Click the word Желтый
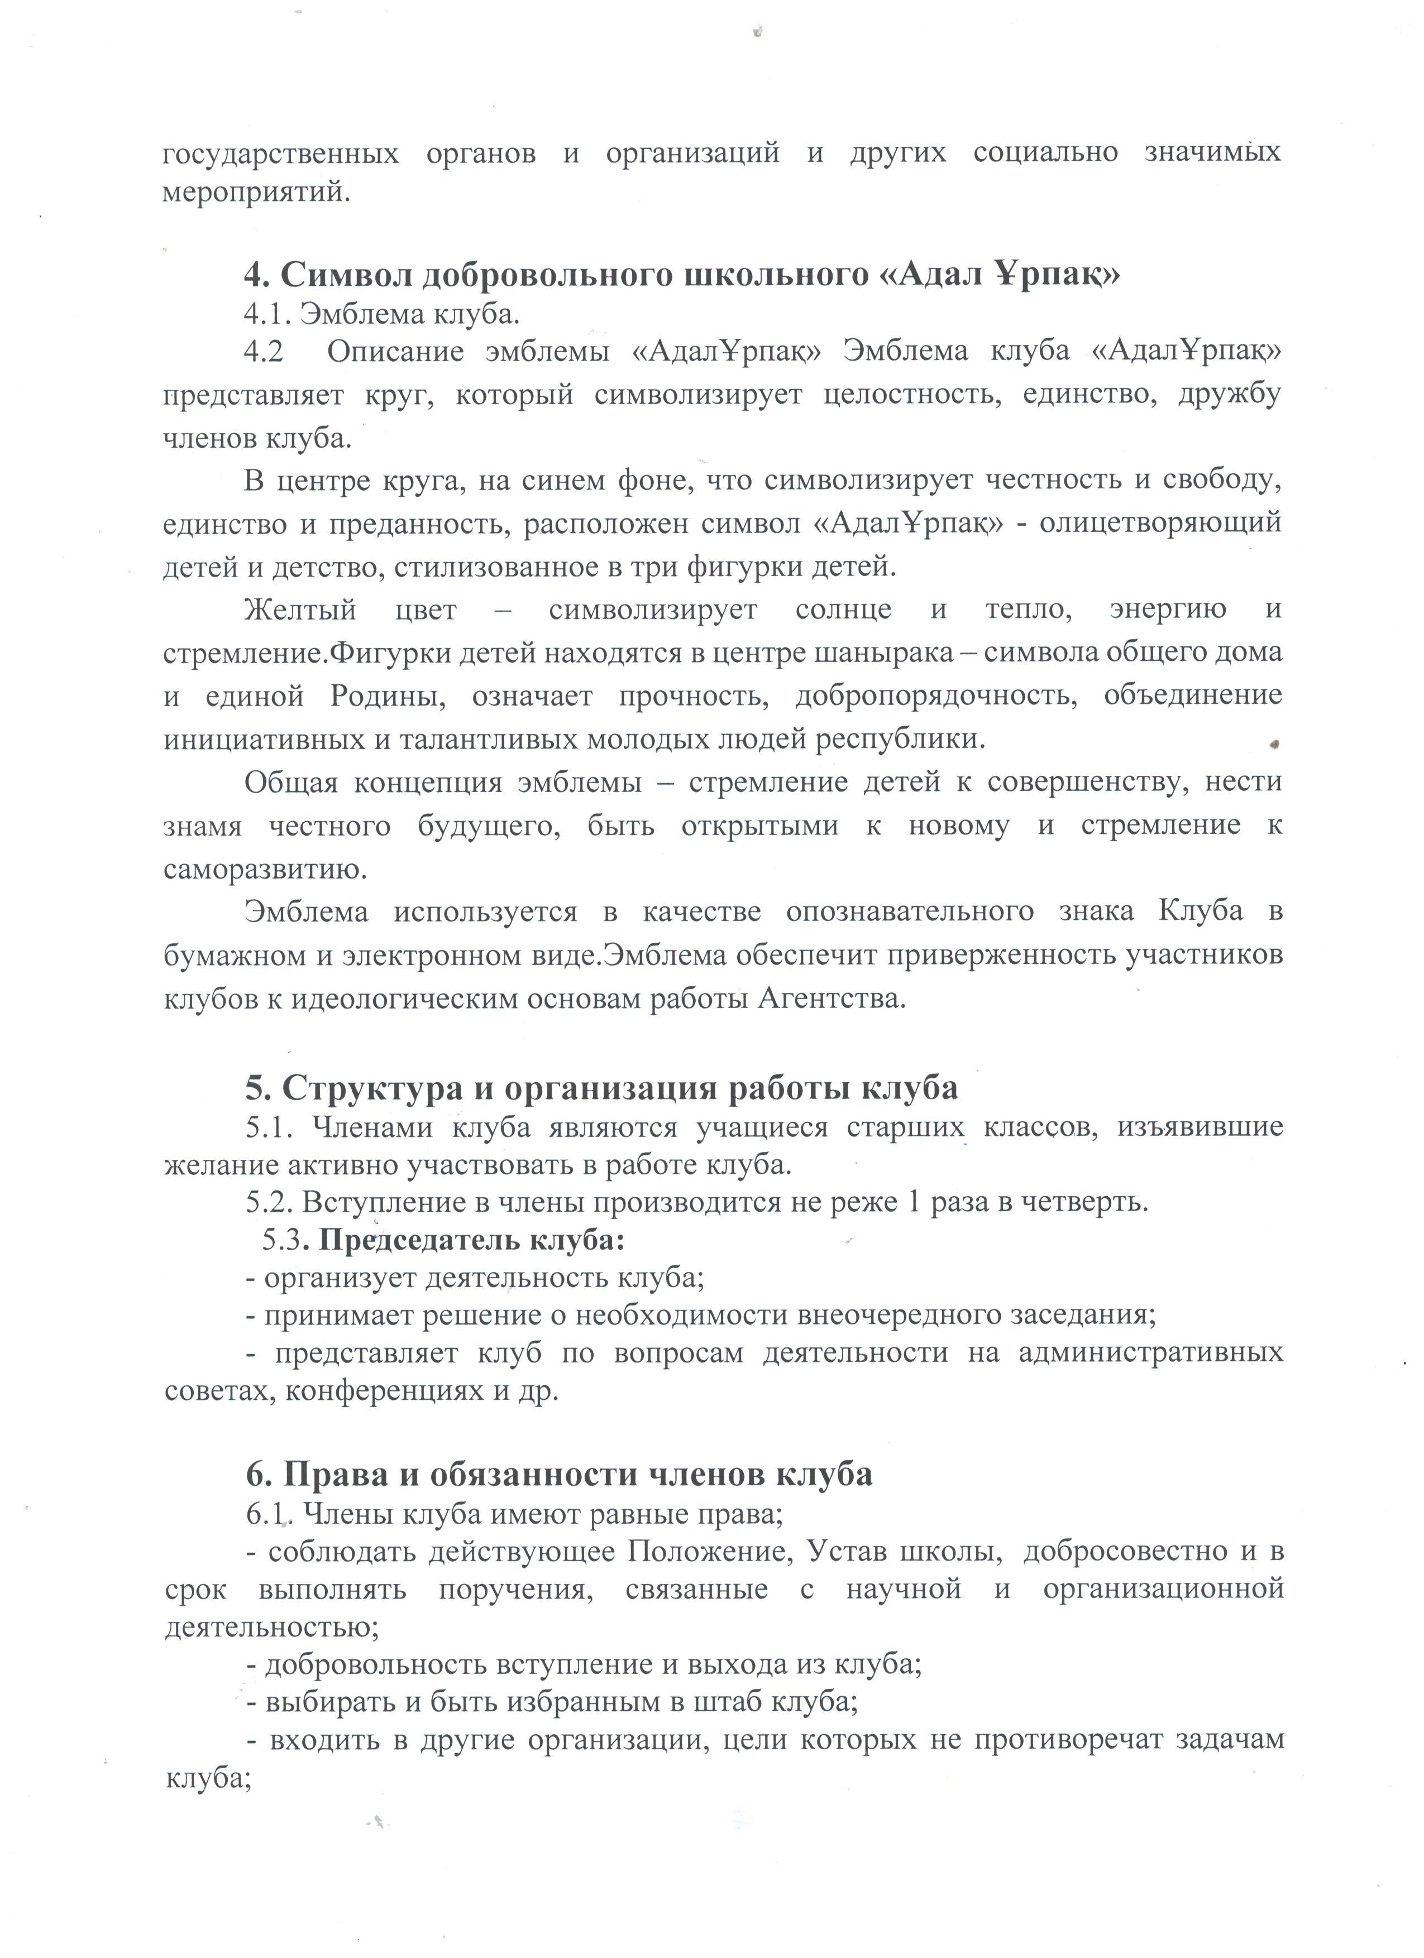click(x=300, y=610)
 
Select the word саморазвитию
click(x=265, y=870)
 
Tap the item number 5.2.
click(x=269, y=1202)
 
